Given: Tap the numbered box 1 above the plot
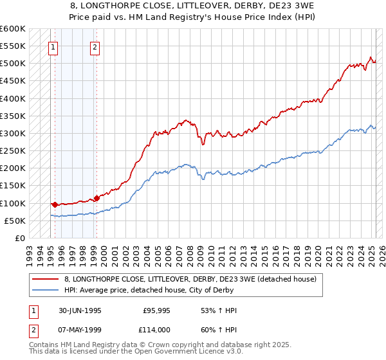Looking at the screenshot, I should (x=52, y=46).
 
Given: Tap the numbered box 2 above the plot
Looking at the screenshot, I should (x=95, y=46).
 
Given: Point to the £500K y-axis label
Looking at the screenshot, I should (x=13, y=64).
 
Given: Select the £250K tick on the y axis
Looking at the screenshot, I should (x=13, y=151).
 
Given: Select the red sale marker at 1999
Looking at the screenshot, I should (x=96, y=198).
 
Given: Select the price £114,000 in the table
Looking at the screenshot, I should (x=156, y=328).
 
